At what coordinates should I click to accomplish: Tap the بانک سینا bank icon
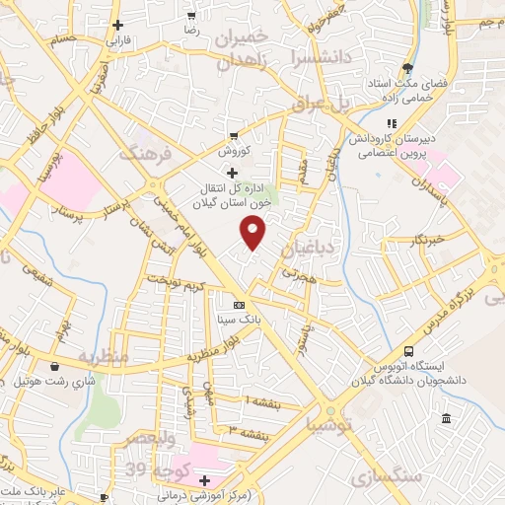239,306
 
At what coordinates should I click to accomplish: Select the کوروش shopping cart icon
234,136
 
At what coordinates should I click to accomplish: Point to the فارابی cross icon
117,26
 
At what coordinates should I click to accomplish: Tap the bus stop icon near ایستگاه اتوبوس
408,352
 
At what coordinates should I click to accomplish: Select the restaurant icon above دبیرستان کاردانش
392,123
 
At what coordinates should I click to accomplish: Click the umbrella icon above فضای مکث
407,69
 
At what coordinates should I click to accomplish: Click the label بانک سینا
240,321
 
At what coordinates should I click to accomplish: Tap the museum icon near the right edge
447,419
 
